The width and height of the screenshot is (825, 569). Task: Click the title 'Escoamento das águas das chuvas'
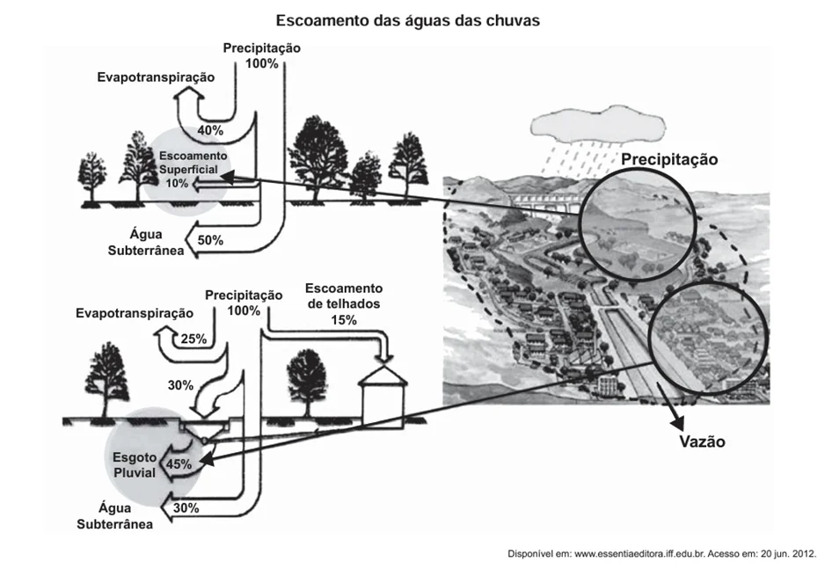[x=408, y=20]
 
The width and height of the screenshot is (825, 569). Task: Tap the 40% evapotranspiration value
[x=210, y=130]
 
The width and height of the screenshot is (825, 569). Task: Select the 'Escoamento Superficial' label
[x=193, y=163]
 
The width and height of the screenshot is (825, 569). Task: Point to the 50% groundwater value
[x=210, y=240]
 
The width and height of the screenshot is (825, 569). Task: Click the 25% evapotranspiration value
[x=193, y=339]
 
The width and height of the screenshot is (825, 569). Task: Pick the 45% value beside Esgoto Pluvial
[x=179, y=464]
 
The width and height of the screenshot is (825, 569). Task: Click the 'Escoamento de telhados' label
[x=344, y=296]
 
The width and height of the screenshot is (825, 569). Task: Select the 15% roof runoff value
[x=344, y=320]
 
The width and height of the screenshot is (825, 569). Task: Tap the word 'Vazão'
[x=702, y=441]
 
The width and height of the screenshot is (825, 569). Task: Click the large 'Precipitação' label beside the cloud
[x=669, y=159]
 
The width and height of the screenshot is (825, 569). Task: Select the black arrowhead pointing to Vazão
[x=677, y=422]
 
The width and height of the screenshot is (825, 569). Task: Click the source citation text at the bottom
[x=662, y=554]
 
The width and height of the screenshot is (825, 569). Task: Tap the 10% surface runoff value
[x=177, y=184]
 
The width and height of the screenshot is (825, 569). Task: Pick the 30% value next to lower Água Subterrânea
[x=186, y=508]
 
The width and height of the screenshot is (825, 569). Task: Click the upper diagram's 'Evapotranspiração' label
[x=156, y=77]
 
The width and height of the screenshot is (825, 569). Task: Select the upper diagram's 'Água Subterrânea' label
[x=146, y=242]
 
